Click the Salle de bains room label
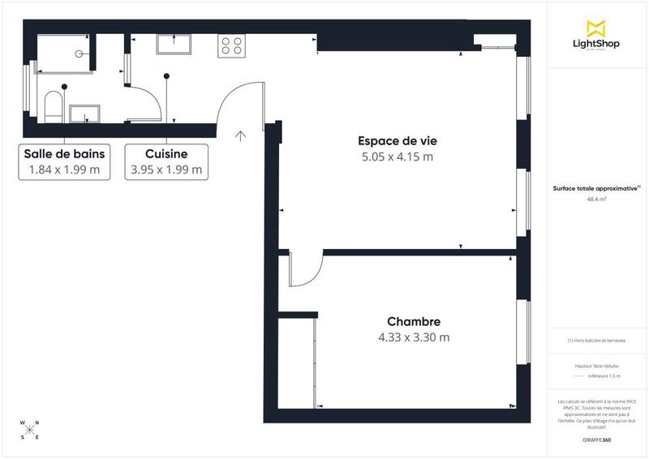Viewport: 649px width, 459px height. click(x=64, y=154)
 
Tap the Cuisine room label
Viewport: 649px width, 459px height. click(x=166, y=154)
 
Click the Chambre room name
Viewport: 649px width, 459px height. click(x=414, y=322)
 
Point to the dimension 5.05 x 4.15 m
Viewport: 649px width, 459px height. click(x=398, y=157)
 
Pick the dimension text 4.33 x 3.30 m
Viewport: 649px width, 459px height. click(x=414, y=337)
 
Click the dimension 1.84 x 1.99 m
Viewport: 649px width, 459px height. click(x=64, y=170)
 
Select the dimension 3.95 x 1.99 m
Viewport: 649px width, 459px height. click(x=166, y=170)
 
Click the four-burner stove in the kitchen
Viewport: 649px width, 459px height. click(x=231, y=45)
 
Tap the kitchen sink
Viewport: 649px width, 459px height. click(x=174, y=43)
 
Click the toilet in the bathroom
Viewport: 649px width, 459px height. click(x=54, y=106)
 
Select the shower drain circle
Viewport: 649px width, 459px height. click(x=80, y=53)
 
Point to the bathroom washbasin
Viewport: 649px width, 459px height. click(x=84, y=113)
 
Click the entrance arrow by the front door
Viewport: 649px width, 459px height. click(x=240, y=135)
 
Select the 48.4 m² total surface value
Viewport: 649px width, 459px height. click(x=597, y=198)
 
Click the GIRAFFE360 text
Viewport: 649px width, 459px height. click(x=597, y=440)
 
